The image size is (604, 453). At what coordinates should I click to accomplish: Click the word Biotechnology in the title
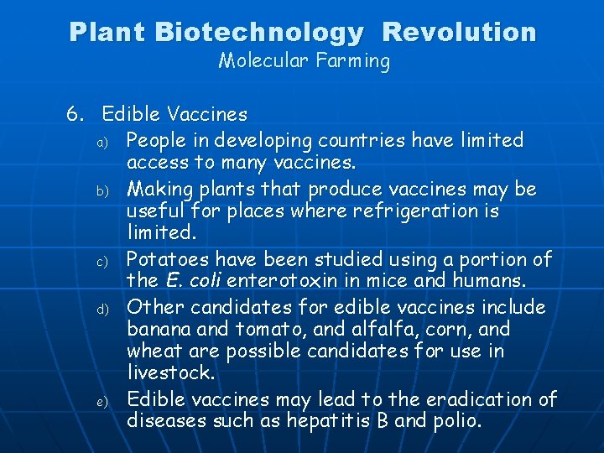[260, 33]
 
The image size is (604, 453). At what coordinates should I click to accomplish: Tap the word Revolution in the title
[459, 33]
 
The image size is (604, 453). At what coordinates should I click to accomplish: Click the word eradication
[481, 399]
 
